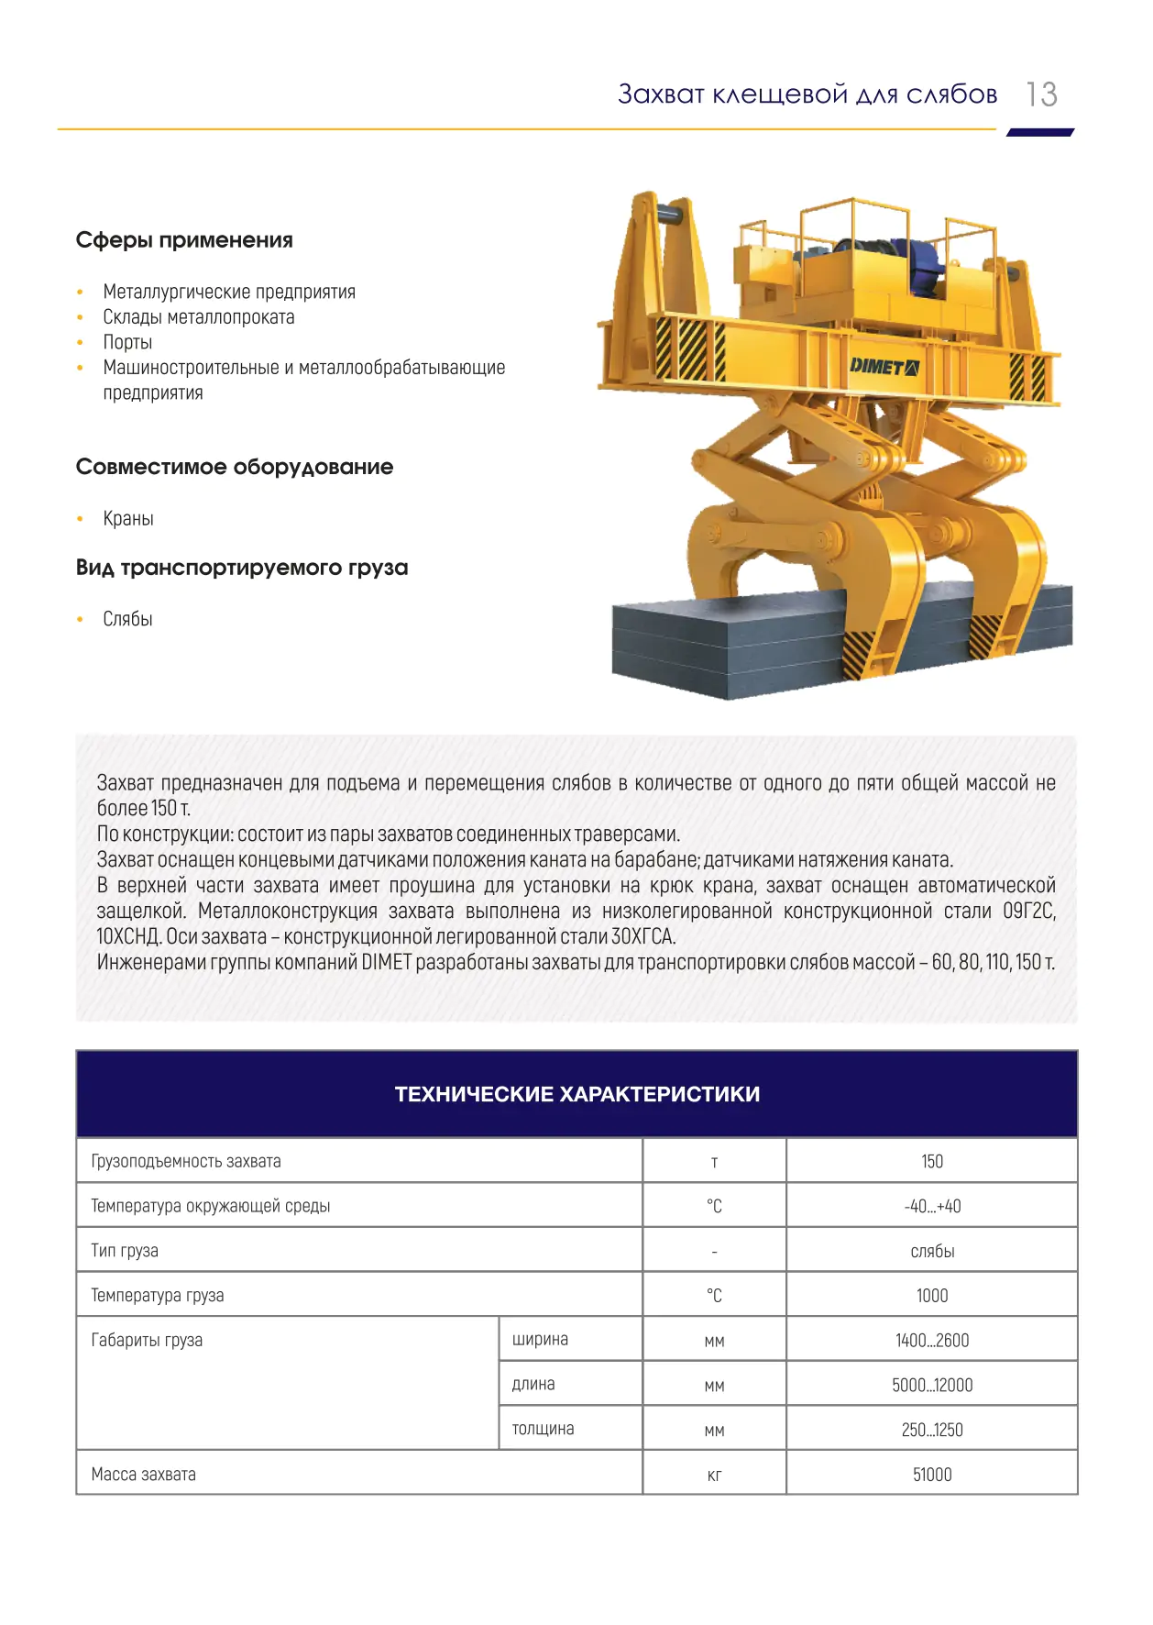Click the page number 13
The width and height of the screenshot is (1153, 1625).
[1041, 94]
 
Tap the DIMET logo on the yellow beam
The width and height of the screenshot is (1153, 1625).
[884, 367]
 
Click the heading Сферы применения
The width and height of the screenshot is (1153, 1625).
[184, 240]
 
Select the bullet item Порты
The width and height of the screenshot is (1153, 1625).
[127, 342]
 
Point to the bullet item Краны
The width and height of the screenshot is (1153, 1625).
[128, 518]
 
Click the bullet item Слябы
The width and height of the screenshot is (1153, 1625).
[127, 619]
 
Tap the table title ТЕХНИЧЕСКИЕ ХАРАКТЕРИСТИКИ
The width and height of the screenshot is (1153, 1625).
[577, 1094]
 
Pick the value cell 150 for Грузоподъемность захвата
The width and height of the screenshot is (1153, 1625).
[932, 1161]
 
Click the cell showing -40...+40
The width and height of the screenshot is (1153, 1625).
[932, 1206]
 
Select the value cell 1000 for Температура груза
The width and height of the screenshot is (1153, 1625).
[932, 1296]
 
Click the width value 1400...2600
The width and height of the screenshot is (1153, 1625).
[932, 1340]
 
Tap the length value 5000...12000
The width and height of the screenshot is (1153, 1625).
[932, 1385]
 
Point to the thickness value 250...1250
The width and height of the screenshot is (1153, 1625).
[932, 1430]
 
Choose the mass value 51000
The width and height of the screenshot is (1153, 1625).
[932, 1475]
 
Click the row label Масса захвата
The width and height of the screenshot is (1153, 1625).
[144, 1475]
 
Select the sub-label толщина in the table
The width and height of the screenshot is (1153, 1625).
[543, 1429]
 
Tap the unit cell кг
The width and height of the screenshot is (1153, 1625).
[715, 1476]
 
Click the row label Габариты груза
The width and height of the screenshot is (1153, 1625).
[147, 1340]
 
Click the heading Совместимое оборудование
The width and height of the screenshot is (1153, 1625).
[235, 467]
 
